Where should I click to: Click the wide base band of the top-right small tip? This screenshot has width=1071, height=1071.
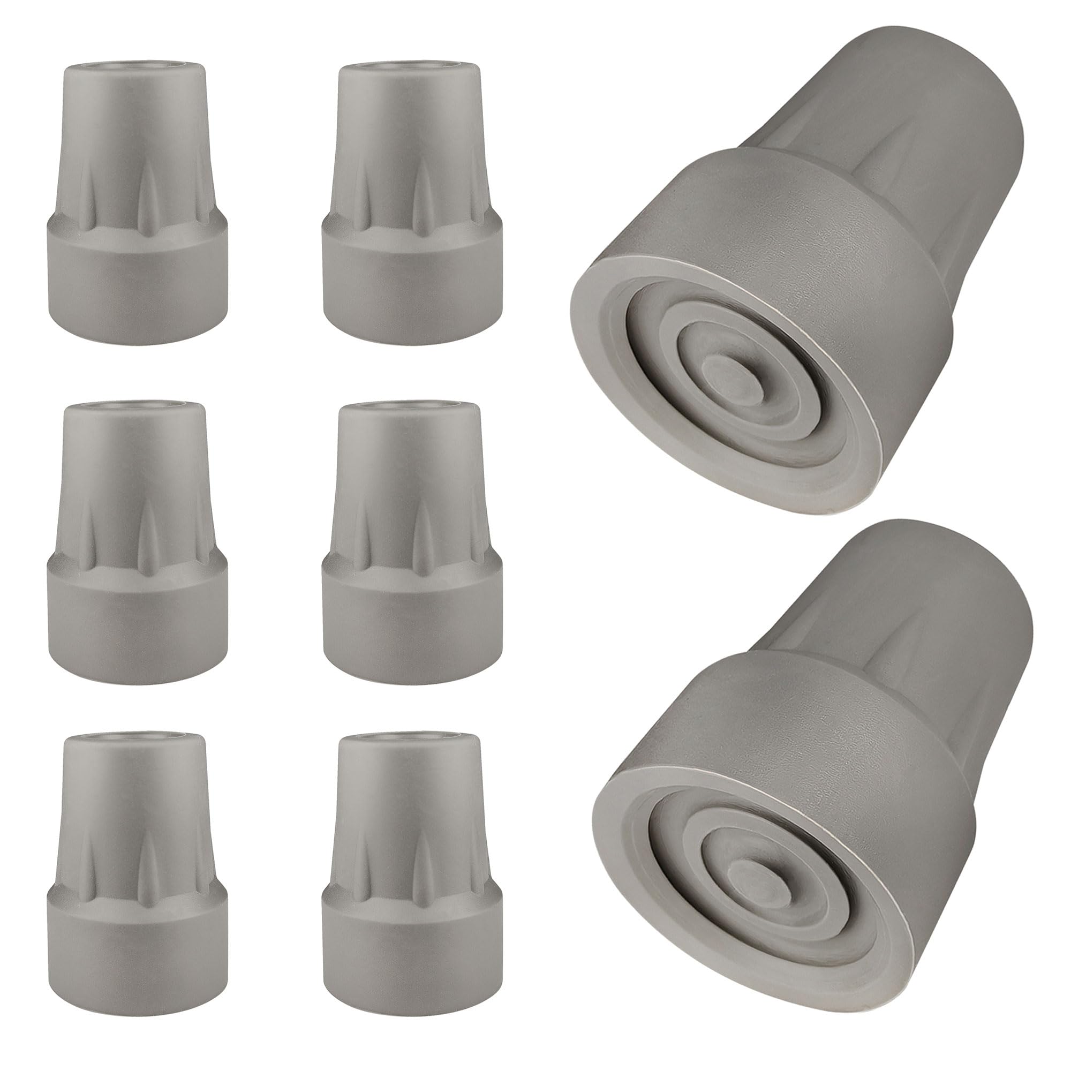click(412, 288)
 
